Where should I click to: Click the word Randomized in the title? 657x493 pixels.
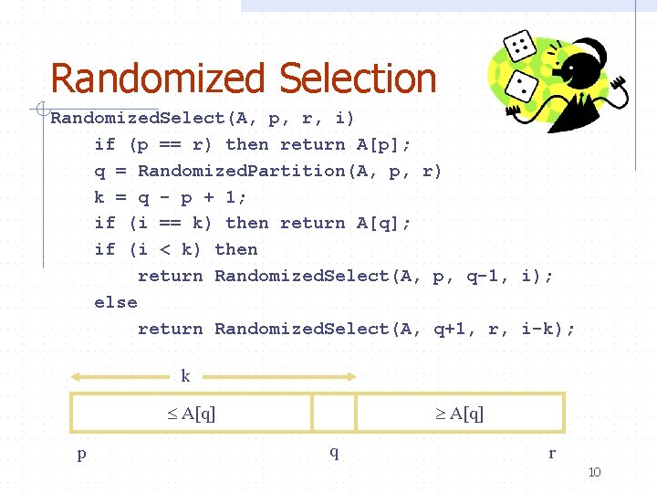pos(161,79)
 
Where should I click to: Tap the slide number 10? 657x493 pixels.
pos(594,472)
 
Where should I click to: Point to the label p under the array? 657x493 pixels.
pos(81,452)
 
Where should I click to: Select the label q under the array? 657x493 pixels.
pos(334,452)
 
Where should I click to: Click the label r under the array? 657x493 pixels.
pos(551,452)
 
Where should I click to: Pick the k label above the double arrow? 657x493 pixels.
pos(185,376)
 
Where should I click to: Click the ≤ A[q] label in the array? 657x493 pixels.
pos(192,414)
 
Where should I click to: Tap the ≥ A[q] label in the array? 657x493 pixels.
pos(459,414)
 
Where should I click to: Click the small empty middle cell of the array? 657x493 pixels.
pos(333,413)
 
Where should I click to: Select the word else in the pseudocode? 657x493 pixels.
pos(116,302)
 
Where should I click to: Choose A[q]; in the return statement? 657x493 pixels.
pos(382,223)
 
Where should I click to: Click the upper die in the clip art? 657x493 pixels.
pos(521,45)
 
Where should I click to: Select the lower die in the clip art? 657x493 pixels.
pos(525,87)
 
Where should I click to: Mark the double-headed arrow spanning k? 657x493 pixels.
pos(214,376)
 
